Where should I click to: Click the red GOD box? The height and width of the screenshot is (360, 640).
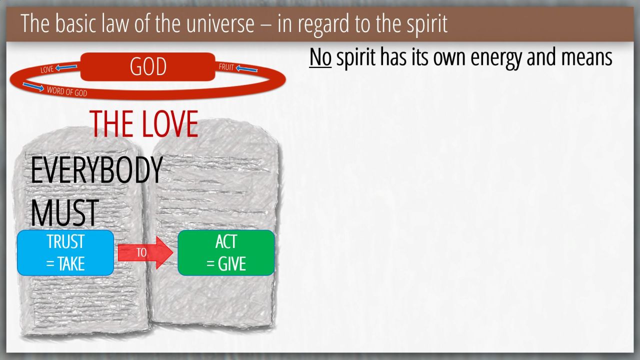tap(147, 66)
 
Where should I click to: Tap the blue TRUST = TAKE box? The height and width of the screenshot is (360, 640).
tap(65, 253)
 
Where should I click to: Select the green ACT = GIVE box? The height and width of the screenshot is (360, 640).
tap(226, 253)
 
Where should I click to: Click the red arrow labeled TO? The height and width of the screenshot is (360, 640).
tap(145, 252)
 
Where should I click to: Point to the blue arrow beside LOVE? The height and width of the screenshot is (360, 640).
tap(66, 67)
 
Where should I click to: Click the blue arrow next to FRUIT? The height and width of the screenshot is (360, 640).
tap(246, 69)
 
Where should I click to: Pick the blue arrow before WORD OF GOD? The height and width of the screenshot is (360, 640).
tap(33, 87)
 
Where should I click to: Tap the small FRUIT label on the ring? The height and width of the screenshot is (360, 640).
tap(226, 67)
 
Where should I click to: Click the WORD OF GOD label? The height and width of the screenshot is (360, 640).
tap(67, 91)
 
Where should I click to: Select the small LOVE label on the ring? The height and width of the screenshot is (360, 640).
tap(47, 69)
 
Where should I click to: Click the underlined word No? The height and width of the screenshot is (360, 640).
tap(320, 57)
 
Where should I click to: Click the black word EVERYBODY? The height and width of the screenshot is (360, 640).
tap(96, 170)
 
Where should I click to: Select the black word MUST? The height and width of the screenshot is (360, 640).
tap(64, 213)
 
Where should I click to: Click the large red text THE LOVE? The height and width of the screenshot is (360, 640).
tap(143, 123)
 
